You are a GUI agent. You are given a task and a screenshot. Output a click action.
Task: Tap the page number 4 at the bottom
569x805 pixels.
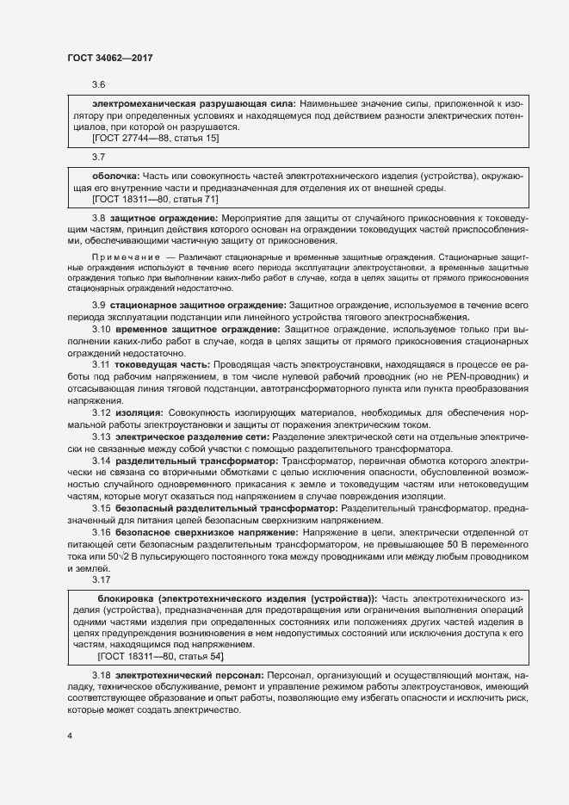click(x=70, y=737)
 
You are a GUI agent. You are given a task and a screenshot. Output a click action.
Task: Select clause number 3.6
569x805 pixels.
click(x=98, y=85)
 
